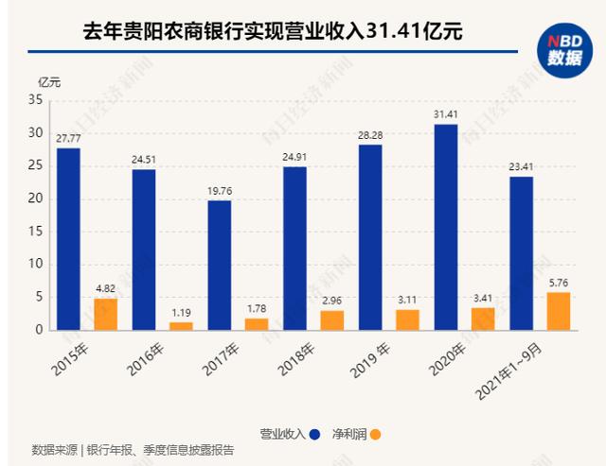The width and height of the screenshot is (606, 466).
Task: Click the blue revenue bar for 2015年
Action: pos(67,238)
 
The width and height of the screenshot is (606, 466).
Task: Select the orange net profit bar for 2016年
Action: pos(181,325)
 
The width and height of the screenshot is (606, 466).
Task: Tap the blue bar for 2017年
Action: pos(219,265)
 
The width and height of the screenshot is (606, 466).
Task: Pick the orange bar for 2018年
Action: pos(332,319)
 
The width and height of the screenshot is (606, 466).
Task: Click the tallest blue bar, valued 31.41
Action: pos(446,227)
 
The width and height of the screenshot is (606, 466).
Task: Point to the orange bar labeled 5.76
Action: pos(559,311)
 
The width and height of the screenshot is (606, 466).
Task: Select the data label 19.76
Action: pos(219,192)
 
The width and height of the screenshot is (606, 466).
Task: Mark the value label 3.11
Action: pos(408,302)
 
